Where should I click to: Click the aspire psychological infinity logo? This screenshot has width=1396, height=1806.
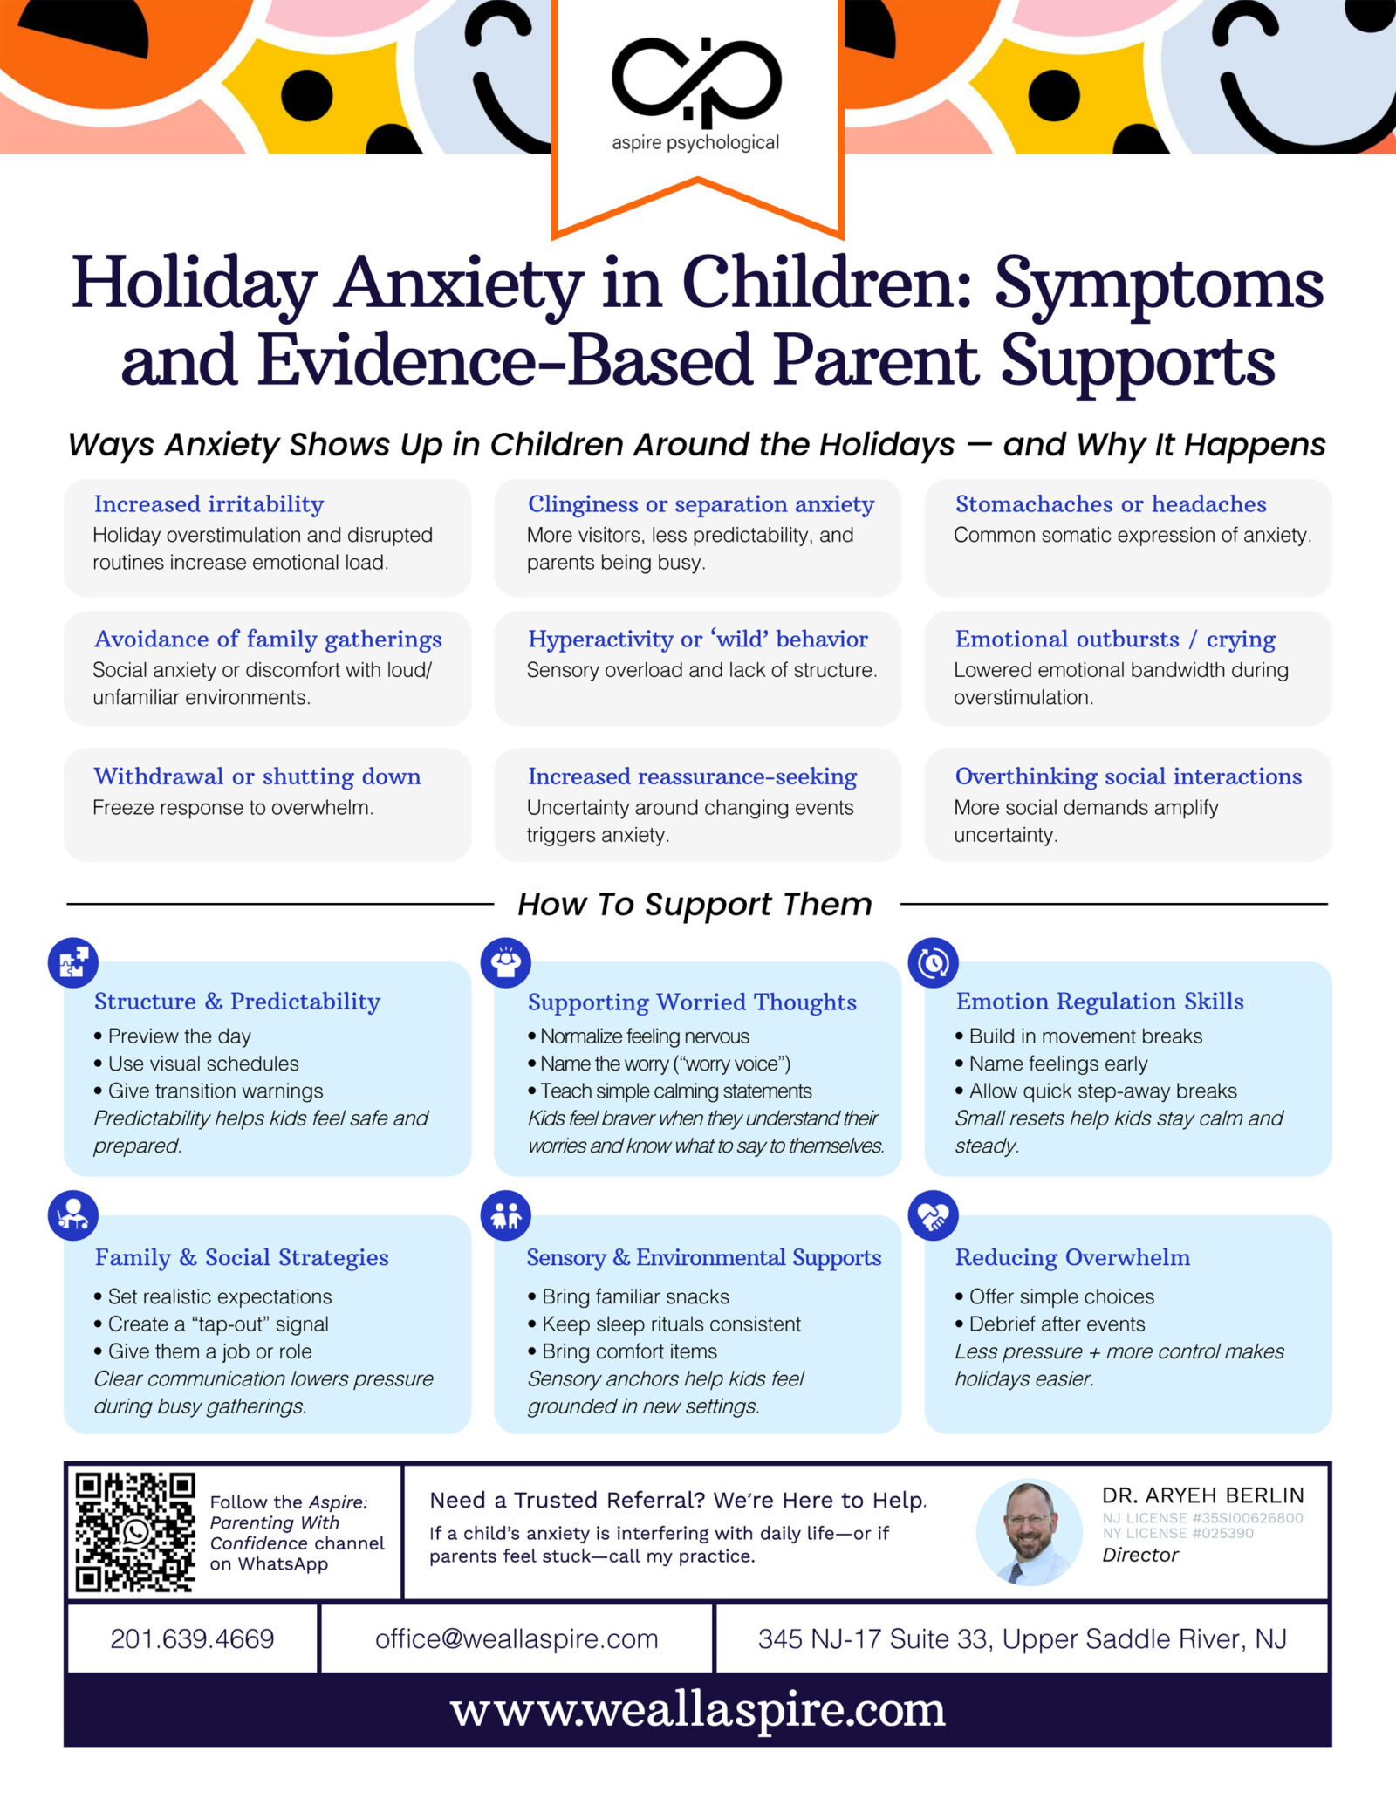[696, 82]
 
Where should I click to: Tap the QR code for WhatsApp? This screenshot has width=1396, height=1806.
[134, 1533]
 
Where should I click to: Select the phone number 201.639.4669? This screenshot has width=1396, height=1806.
[192, 1638]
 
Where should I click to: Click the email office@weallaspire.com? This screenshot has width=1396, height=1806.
[517, 1638]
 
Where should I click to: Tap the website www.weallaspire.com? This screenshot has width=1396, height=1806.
[698, 1710]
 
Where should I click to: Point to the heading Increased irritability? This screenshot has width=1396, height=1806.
[209, 504]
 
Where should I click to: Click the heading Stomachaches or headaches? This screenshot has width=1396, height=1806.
[1110, 504]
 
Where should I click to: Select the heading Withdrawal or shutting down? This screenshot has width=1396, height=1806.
[257, 776]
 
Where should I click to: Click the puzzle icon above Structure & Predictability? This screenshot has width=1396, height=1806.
[72, 962]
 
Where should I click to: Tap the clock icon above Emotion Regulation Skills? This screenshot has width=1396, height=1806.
[934, 962]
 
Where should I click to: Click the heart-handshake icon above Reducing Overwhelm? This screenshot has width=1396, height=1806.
[934, 1215]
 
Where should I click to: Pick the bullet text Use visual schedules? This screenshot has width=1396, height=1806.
[203, 1064]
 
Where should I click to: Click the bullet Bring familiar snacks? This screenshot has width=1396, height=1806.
[635, 1296]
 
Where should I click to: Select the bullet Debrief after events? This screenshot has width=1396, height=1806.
[1057, 1324]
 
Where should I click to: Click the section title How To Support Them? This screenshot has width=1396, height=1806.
[695, 905]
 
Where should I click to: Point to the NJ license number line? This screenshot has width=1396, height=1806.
[1202, 1518]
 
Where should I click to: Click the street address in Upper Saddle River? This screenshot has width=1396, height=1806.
[1022, 1638]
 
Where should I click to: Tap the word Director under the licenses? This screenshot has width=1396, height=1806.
[1139, 1555]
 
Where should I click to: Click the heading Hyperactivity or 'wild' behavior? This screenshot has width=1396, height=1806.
[698, 640]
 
